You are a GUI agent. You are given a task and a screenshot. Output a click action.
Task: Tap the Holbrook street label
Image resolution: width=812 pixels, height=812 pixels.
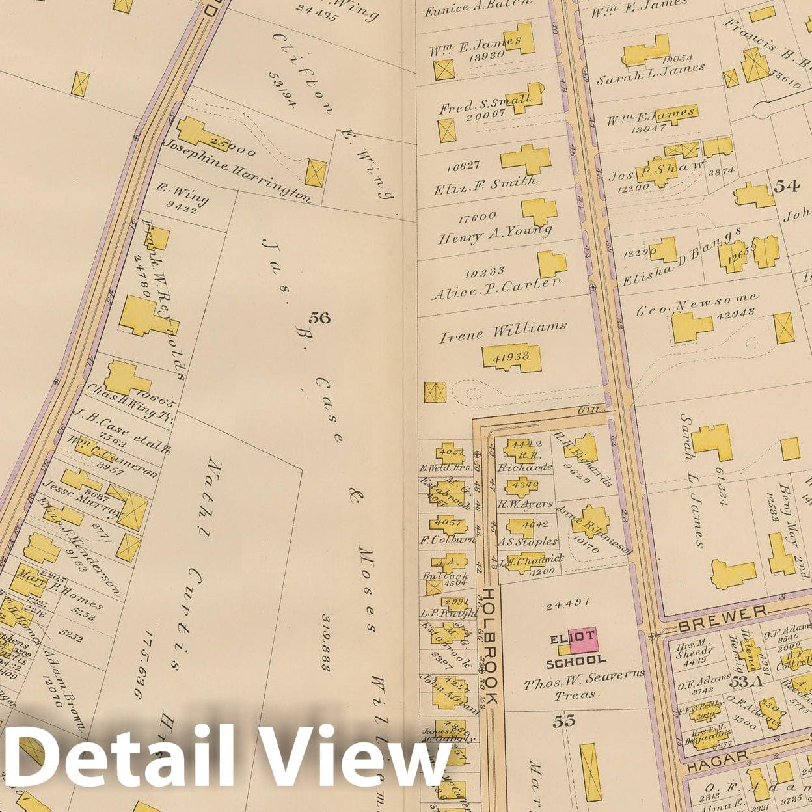click(489, 647)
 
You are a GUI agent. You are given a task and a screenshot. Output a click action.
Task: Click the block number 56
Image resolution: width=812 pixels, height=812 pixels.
click(319, 318)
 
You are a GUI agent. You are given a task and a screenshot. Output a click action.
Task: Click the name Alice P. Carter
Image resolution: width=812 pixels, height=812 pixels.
click(496, 288)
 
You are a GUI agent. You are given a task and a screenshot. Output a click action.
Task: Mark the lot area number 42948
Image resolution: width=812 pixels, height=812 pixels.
click(736, 312)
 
